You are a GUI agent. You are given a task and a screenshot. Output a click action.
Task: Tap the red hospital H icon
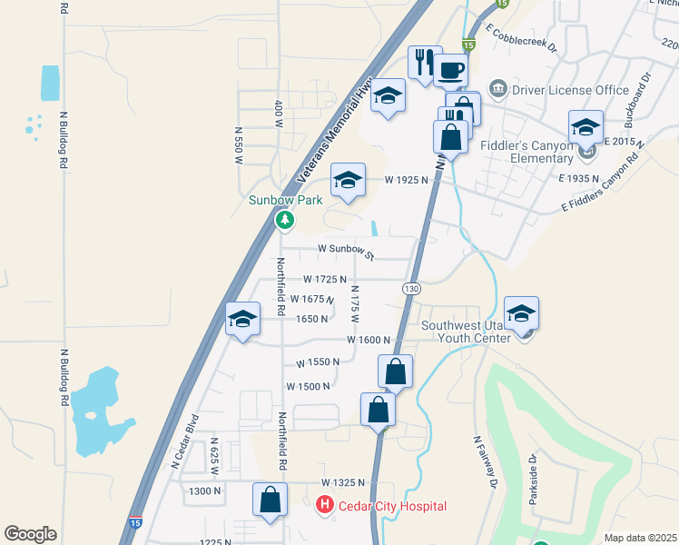[323, 505]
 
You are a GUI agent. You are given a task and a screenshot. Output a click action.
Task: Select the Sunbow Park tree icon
[285, 220]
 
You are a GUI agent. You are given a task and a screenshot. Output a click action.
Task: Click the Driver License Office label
[570, 90]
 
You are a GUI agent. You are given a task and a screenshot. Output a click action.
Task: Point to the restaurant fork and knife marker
[424, 63]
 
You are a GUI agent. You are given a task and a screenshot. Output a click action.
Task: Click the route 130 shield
[410, 288]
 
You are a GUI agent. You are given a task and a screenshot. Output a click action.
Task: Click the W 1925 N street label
[406, 180]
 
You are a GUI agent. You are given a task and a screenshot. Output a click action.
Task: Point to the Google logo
[30, 534]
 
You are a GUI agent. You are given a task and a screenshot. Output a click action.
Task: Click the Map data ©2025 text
[640, 538]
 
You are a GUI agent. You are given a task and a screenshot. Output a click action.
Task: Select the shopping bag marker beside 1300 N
[270, 500]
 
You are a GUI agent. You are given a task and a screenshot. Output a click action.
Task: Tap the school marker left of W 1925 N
[348, 179]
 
